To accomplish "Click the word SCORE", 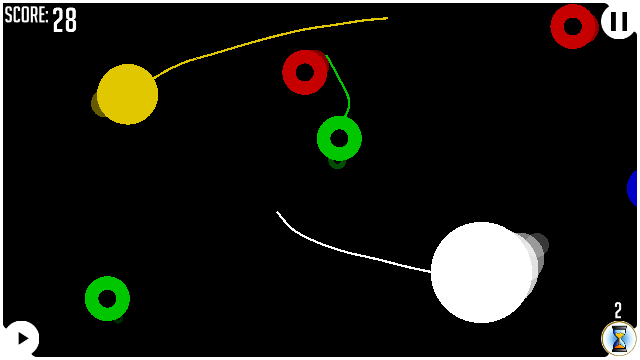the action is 25,16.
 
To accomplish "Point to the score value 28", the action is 64,20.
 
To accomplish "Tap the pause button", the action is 618,21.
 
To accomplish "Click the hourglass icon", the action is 619,338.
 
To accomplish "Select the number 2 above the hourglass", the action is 618,311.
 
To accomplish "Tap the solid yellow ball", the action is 127,94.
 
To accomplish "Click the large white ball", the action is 482,272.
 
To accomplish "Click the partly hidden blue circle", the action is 633,188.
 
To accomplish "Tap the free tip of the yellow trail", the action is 387,18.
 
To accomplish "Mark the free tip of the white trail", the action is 277,212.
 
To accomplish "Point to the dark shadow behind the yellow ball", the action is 97,104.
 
